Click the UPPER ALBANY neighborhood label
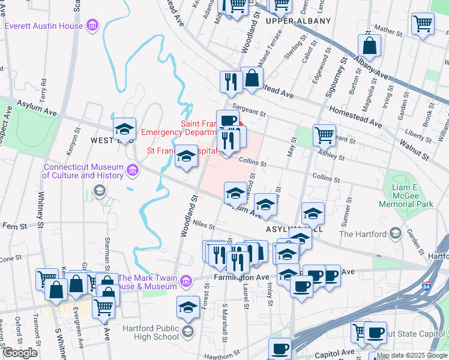[x=298, y=21]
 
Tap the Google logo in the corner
[x=20, y=353]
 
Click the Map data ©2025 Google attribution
[x=411, y=355]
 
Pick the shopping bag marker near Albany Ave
[x=369, y=45]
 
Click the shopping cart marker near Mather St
[x=423, y=24]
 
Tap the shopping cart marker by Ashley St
[x=324, y=135]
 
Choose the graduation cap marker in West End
[x=124, y=128]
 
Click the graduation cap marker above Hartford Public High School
[x=188, y=307]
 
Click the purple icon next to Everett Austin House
[x=92, y=25]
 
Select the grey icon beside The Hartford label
[x=395, y=233]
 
